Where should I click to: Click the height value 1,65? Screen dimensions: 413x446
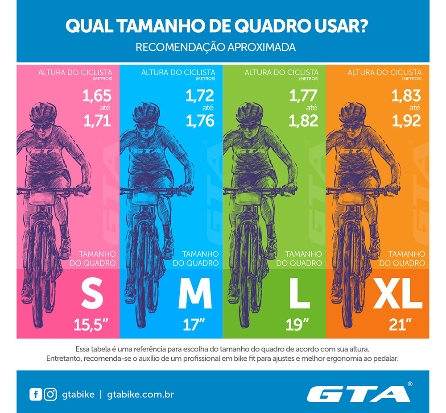click(x=96, y=96)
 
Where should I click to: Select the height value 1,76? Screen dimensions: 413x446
click(x=200, y=121)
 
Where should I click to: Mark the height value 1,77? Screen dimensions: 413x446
click(x=304, y=96)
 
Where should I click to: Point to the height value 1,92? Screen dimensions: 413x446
click(x=406, y=121)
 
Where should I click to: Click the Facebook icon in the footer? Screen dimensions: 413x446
click(x=35, y=395)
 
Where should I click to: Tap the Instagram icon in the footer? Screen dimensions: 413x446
click(x=50, y=395)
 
